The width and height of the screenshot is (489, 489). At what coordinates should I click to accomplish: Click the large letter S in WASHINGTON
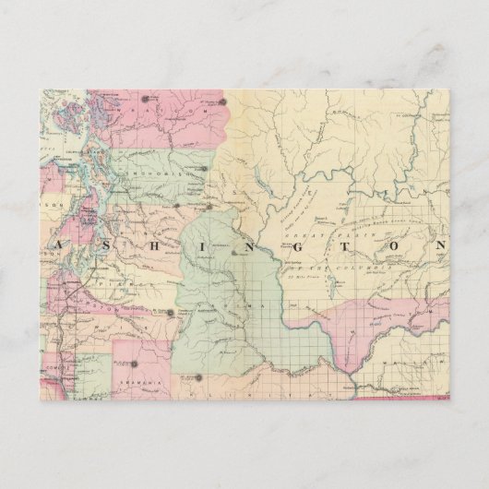pyautogui.click(x=99, y=246)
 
